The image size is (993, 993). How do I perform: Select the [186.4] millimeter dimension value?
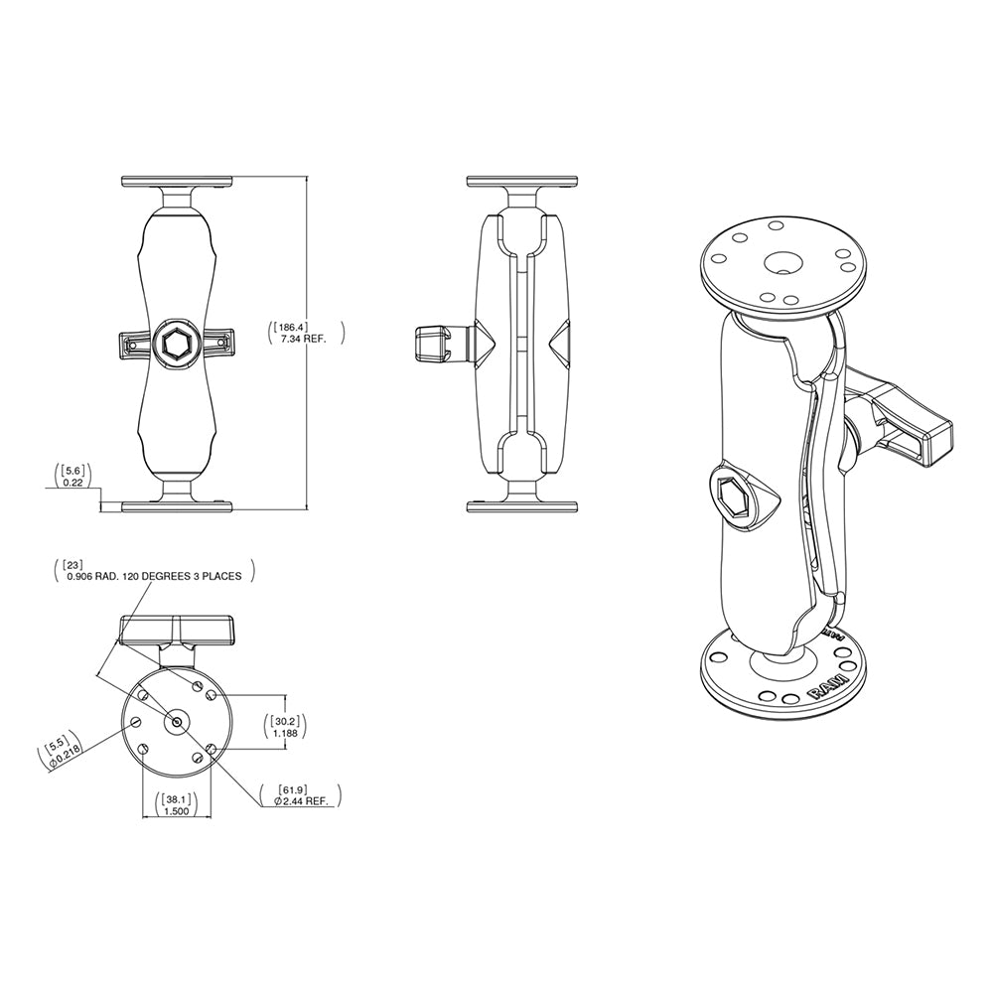point(296,325)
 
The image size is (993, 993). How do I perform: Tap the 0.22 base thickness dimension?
point(73,483)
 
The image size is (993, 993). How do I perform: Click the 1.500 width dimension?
point(177,811)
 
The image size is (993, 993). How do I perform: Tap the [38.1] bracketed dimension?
point(177,797)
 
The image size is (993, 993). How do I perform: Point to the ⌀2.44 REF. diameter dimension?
point(301,800)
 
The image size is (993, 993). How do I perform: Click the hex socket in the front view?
point(177,344)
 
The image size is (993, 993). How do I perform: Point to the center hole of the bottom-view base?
point(177,722)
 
